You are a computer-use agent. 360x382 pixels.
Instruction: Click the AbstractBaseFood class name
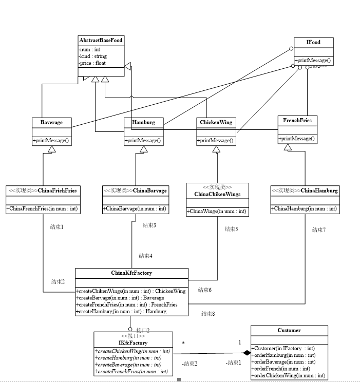point(101,40)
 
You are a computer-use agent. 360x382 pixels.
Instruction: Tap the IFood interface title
point(313,42)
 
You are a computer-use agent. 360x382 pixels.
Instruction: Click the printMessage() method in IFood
point(313,61)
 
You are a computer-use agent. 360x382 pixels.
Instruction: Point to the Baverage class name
point(51,122)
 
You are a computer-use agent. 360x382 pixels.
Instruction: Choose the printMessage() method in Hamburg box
point(143,140)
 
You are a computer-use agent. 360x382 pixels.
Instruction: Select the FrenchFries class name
point(297,121)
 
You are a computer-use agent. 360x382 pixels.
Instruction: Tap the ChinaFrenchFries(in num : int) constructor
point(42,208)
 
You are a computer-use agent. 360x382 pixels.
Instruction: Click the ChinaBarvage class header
point(136,190)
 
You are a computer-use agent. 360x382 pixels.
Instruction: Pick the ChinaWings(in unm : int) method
point(217,211)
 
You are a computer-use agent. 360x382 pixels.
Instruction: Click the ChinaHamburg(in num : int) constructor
point(304,208)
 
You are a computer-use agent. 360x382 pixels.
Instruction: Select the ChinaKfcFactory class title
point(131,273)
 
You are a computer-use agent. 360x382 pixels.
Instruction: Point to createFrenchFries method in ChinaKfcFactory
point(127,304)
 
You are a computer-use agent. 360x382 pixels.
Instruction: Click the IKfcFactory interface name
point(134,342)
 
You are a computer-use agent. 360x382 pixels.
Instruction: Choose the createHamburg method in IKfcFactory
point(129,357)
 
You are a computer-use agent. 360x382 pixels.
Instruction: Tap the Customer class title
point(289,330)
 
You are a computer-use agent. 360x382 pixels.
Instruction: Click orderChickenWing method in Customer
point(288,376)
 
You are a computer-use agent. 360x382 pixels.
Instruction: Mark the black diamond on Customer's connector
point(247,353)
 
